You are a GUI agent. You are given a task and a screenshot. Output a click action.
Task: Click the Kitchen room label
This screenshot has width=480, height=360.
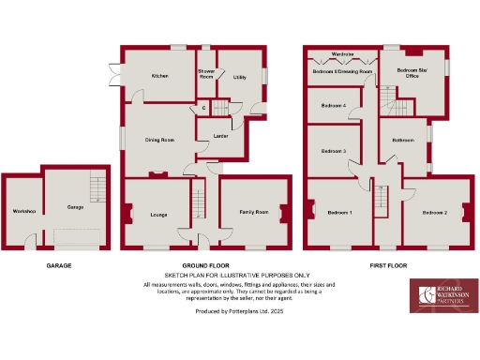[160, 75]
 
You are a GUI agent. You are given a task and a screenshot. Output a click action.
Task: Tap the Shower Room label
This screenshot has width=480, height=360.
[206, 74]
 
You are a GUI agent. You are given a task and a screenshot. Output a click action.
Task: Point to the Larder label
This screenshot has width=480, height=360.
[222, 137]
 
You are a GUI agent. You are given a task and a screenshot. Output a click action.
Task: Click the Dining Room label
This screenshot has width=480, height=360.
[159, 140]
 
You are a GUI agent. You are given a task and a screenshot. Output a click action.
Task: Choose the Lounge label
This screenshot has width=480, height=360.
[157, 215]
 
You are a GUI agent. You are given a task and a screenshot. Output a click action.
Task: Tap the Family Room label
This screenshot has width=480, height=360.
[253, 213]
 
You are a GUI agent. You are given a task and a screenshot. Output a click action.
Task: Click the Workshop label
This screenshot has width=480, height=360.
[23, 212]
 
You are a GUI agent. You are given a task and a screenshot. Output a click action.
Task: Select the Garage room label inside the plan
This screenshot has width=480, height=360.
[75, 206]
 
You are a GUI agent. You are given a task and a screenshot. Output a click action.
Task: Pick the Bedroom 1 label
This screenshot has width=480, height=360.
[339, 213]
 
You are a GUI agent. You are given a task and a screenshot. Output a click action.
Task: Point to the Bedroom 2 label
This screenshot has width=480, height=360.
[434, 213]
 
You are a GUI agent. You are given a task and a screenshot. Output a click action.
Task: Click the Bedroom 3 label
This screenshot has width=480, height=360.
[334, 151]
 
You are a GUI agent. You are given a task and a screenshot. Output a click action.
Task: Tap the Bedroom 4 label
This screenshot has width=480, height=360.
[334, 106]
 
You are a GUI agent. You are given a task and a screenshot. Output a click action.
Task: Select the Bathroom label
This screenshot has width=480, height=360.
[403, 141]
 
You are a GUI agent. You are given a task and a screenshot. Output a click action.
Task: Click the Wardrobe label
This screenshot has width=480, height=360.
[342, 53]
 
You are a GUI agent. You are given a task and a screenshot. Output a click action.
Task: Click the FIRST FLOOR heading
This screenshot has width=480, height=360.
[387, 265]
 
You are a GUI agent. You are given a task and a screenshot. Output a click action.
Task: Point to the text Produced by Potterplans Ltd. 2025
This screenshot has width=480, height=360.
[238, 310]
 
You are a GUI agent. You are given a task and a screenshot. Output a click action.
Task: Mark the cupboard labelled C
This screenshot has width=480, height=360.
[203, 107]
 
